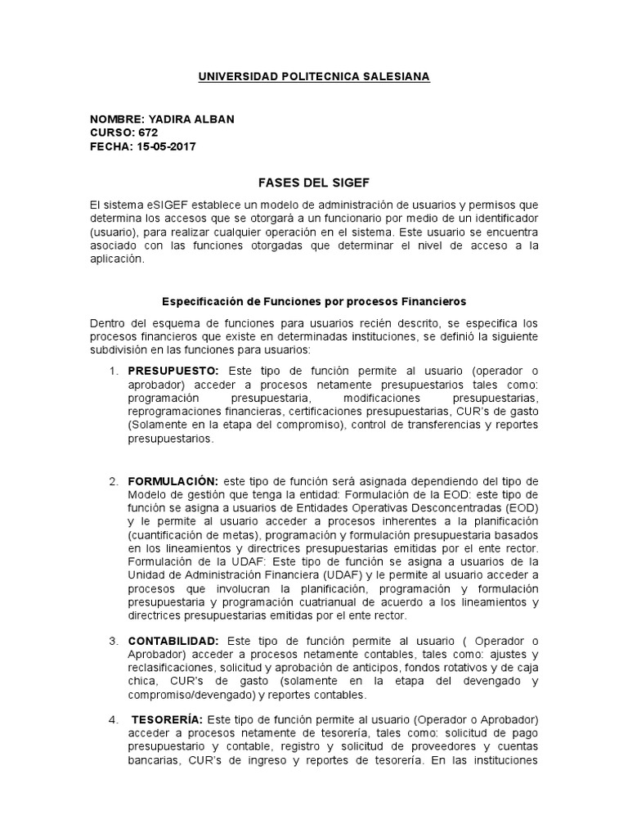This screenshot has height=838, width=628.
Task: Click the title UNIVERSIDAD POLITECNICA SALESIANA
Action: click(x=315, y=76)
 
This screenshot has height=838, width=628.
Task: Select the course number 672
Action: click(x=149, y=133)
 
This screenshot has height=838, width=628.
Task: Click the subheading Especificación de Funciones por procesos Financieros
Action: click(x=314, y=301)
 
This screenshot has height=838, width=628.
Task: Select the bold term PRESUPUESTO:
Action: click(x=173, y=371)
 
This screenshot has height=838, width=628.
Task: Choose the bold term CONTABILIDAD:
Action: click(x=173, y=639)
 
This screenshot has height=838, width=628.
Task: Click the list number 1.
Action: click(x=114, y=371)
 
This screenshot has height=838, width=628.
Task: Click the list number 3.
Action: click(x=114, y=639)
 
